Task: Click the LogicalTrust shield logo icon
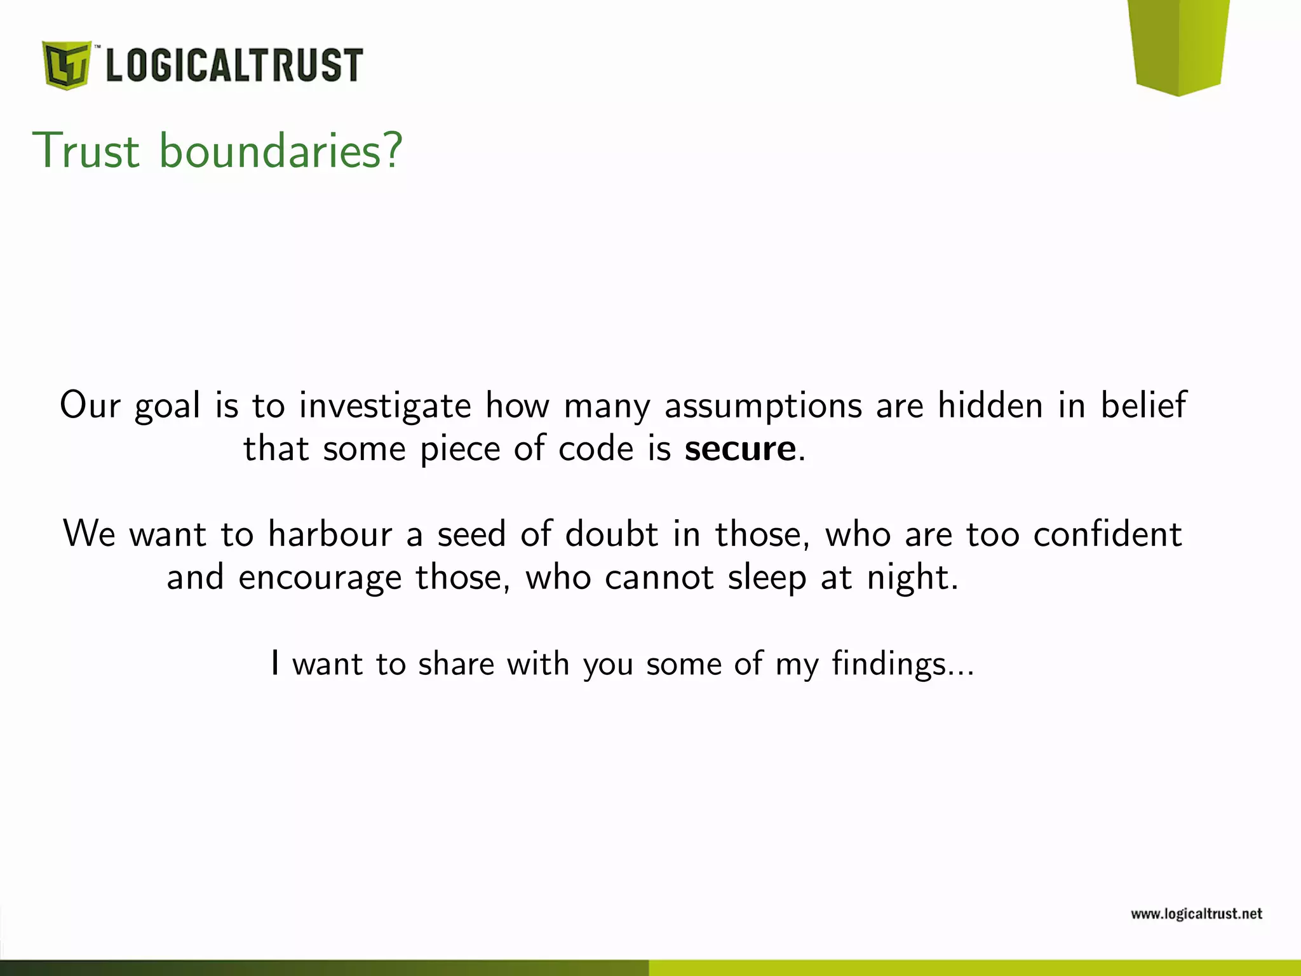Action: (x=66, y=65)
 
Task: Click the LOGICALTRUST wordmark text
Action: (x=234, y=65)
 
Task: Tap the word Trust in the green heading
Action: (x=86, y=151)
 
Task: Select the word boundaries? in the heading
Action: (x=280, y=151)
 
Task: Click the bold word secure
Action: (x=740, y=449)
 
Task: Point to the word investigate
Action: (x=385, y=406)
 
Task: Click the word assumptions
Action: (x=764, y=406)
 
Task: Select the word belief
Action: (x=1143, y=405)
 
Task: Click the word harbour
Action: (x=330, y=534)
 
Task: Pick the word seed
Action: (x=471, y=534)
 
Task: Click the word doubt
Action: (x=611, y=534)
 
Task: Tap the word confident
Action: (x=1107, y=534)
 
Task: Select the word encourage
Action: (x=320, y=578)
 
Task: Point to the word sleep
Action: (x=767, y=578)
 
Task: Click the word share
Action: (x=456, y=664)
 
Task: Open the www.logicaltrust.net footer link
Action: (x=1196, y=914)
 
